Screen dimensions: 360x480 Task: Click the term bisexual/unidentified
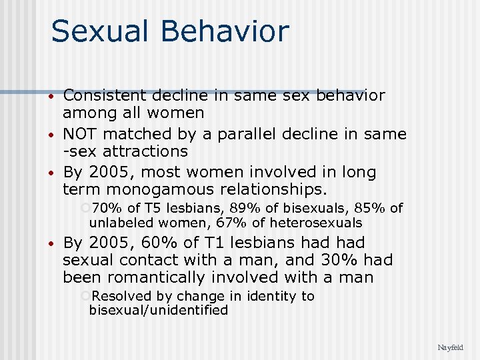(x=158, y=310)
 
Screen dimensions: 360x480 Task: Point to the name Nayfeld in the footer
(x=450, y=347)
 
